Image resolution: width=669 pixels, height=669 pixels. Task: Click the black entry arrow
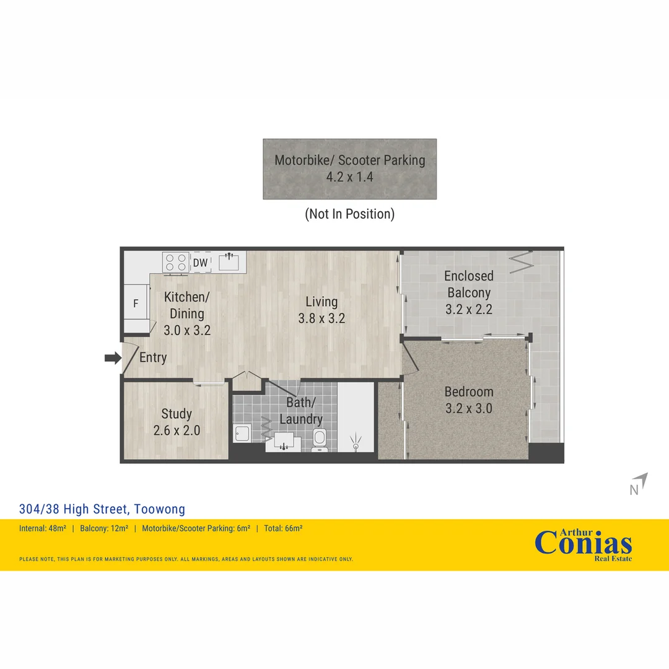coord(113,357)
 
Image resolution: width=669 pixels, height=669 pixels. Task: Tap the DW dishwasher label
coord(200,263)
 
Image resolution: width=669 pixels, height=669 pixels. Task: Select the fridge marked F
coord(136,304)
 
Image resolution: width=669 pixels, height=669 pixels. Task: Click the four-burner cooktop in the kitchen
coord(176,263)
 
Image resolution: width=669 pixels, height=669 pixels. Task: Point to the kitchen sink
coord(229,261)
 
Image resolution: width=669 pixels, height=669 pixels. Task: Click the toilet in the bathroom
coord(320,440)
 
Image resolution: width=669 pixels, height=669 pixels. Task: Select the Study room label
coord(177,413)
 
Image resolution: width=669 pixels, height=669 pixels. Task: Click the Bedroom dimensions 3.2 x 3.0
coord(469,408)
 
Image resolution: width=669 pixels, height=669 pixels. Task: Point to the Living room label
coord(321,302)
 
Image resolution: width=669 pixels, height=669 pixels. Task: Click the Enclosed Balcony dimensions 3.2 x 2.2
coord(469,309)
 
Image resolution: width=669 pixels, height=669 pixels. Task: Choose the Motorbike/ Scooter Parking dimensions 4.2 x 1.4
coord(350,177)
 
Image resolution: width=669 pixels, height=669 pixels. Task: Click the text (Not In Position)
coord(350,214)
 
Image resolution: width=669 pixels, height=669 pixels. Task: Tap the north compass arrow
coord(641,481)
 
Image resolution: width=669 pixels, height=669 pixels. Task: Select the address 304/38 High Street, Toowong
coord(102,509)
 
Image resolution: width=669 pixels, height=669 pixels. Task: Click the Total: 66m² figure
coord(283,528)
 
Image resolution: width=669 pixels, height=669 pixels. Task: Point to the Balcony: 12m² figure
coord(104,528)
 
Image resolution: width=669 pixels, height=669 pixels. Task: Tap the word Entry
coord(153,357)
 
